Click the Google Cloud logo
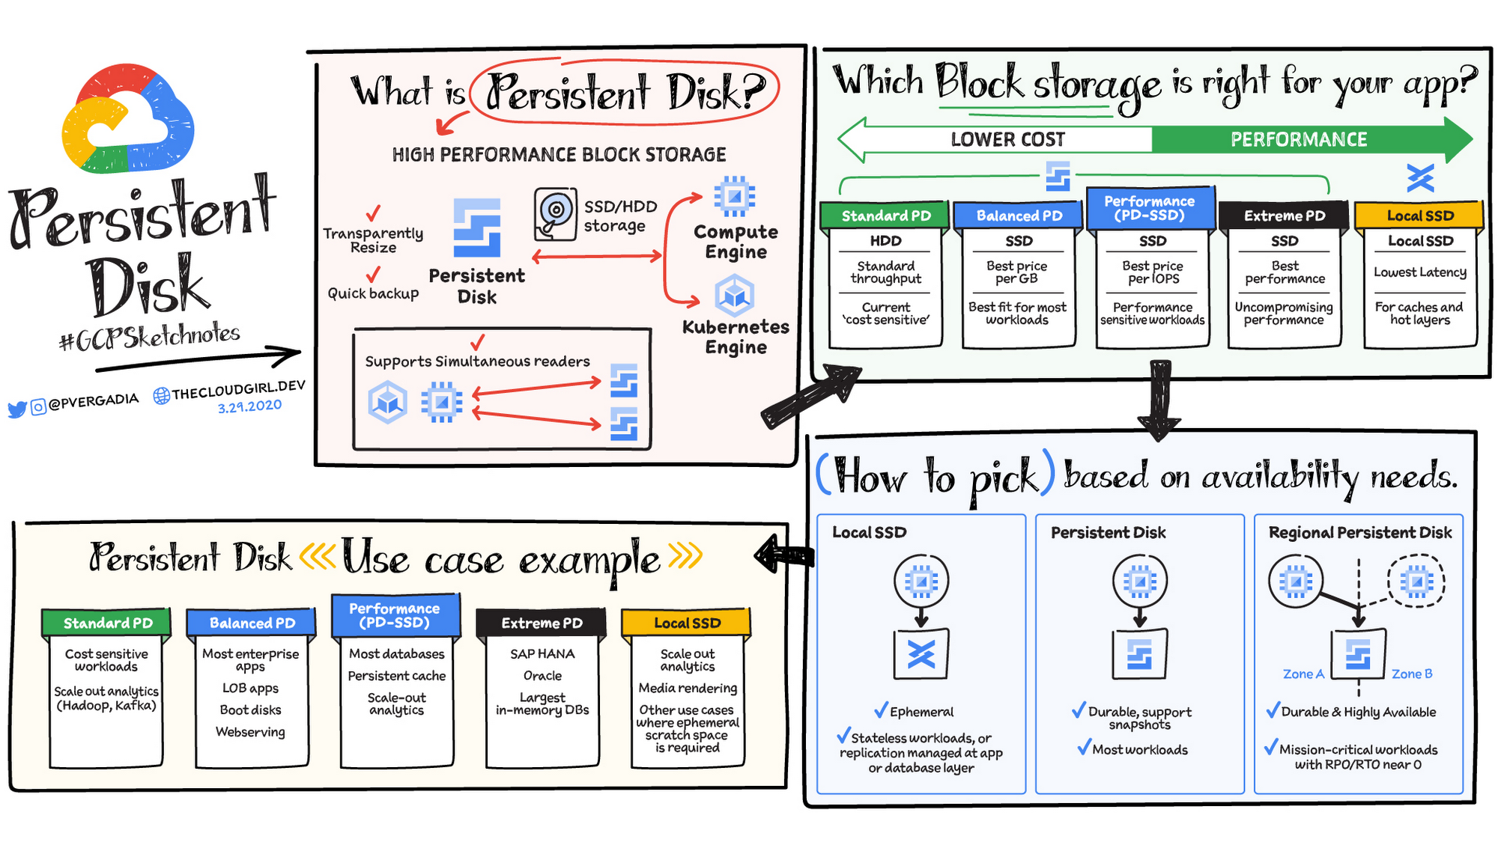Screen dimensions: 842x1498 tap(127, 120)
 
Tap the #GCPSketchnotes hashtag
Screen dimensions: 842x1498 tap(150, 338)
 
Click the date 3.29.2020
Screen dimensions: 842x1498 tap(249, 406)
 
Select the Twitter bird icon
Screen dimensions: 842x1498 tap(16, 409)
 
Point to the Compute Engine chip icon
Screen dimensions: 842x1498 tap(734, 197)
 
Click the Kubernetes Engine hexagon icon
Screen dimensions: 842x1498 tap(734, 296)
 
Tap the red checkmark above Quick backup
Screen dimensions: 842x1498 tap(373, 275)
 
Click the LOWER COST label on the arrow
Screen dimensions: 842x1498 tap(1007, 139)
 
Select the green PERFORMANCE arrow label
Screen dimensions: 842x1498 tap(1298, 139)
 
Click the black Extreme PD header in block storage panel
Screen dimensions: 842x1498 tap(1284, 216)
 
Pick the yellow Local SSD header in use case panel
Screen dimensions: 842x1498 tap(686, 623)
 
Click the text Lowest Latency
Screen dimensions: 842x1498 tap(1419, 272)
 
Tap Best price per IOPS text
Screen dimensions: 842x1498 tap(1152, 272)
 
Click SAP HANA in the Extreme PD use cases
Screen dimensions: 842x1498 tap(542, 653)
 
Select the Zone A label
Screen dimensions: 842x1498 tap(1303, 674)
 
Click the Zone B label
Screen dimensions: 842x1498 tap(1411, 674)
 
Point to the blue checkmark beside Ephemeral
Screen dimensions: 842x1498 tap(881, 710)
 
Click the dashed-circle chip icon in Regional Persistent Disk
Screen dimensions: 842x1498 tap(1416, 580)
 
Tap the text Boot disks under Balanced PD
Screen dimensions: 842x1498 tap(250, 710)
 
